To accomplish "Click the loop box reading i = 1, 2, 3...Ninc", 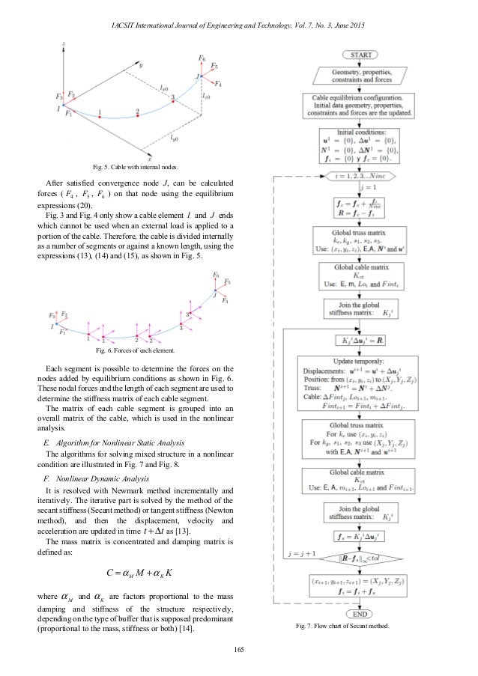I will (x=362, y=177).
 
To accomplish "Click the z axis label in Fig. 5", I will (x=67, y=44).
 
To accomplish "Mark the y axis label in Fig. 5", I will (x=140, y=66).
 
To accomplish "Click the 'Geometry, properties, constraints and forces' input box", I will (x=362, y=76).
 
